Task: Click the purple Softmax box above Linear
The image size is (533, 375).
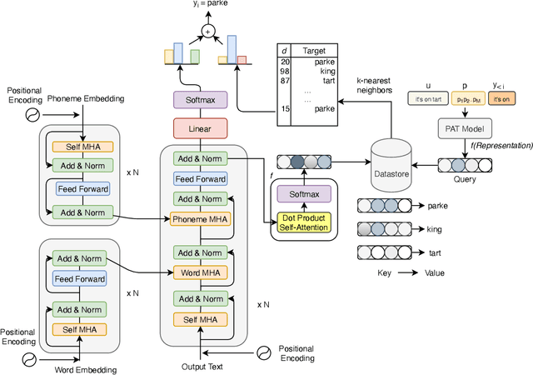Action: pyautogui.click(x=200, y=99)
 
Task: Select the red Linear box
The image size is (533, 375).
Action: pyautogui.click(x=200, y=127)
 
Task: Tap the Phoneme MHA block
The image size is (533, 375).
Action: pyautogui.click(x=200, y=219)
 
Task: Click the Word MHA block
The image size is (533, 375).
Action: pyautogui.click(x=200, y=272)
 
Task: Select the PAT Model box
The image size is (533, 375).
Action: pyautogui.click(x=463, y=128)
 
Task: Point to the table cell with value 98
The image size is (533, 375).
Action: pyautogui.click(x=285, y=71)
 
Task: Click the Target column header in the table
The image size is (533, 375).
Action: pyautogui.click(x=314, y=49)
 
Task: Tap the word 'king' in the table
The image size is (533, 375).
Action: pyautogui.click(x=314, y=71)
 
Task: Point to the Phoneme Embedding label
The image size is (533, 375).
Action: pyautogui.click(x=85, y=98)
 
